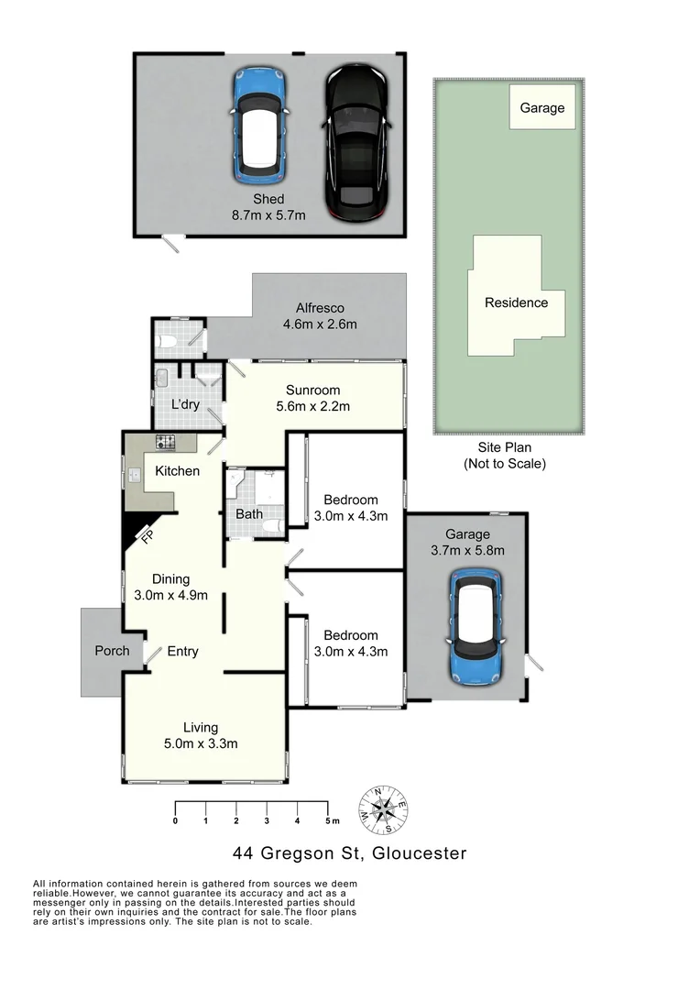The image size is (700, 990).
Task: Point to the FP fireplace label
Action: coord(146,537)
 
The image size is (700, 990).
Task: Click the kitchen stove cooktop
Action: coord(166,444)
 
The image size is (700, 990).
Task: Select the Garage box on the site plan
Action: coord(542,107)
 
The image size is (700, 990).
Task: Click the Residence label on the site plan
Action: coord(516,302)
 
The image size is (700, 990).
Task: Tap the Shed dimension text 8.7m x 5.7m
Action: coord(268,215)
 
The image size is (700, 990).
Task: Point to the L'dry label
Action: coord(186,403)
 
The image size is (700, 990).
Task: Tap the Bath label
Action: coord(249,514)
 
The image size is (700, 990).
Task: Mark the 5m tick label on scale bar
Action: coord(329,819)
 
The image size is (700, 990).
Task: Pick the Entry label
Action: coord(182,651)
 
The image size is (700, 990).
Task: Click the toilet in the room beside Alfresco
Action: coord(167,342)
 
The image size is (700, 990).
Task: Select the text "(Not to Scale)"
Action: coord(504,464)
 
